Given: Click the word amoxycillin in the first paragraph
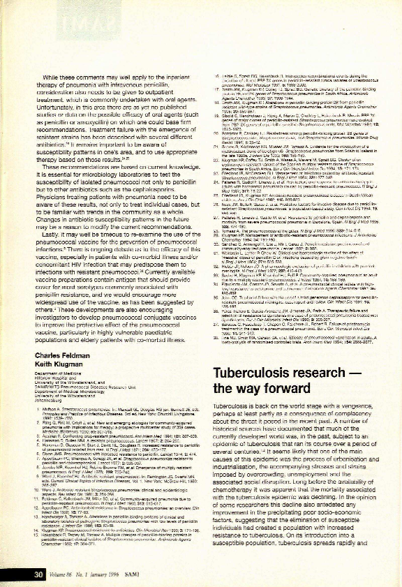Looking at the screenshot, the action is tap(92, 121).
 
